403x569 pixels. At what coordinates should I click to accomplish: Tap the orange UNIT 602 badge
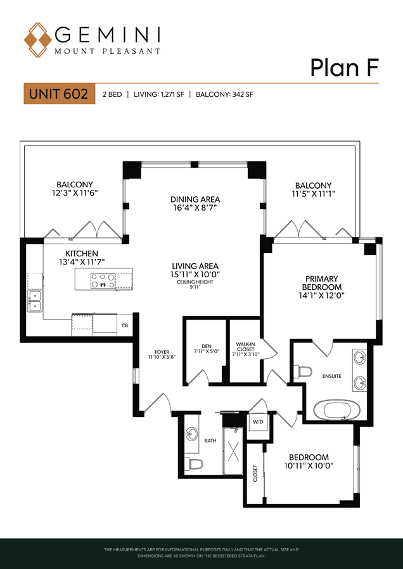click(x=59, y=94)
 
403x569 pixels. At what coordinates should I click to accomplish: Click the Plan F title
click(x=345, y=68)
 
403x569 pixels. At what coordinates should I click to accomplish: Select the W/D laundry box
click(x=258, y=422)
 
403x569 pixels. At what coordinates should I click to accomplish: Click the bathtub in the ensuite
click(x=338, y=410)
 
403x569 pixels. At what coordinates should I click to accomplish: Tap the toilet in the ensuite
click(x=303, y=372)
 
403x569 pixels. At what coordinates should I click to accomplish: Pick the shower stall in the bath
click(x=234, y=451)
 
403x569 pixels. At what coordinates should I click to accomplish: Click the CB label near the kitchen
click(x=124, y=325)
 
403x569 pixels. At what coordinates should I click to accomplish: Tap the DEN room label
click(x=207, y=346)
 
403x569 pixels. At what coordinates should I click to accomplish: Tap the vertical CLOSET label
click(x=255, y=474)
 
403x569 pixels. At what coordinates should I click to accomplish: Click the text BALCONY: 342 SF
click(x=224, y=95)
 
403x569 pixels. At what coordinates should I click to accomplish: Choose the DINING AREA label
click(x=196, y=199)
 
